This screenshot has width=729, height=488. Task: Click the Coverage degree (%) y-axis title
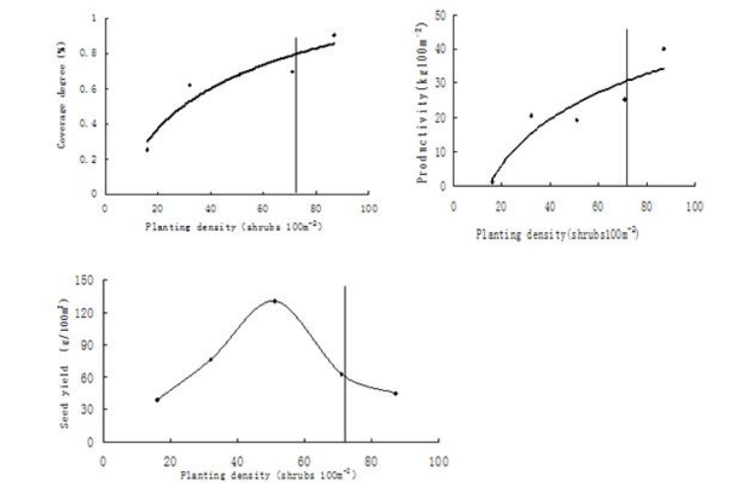[x=64, y=105]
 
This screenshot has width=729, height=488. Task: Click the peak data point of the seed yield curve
[x=274, y=300]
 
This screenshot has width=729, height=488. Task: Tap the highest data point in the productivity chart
[x=664, y=48]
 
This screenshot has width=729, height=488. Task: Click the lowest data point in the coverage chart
[x=147, y=149]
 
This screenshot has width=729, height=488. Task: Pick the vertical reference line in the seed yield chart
[x=345, y=366]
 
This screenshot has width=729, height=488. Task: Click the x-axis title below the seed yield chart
[x=268, y=474]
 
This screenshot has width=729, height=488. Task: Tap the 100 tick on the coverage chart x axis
[x=368, y=208]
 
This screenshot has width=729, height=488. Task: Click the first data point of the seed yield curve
[x=157, y=399]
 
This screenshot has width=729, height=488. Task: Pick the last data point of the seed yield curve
[x=395, y=393]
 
